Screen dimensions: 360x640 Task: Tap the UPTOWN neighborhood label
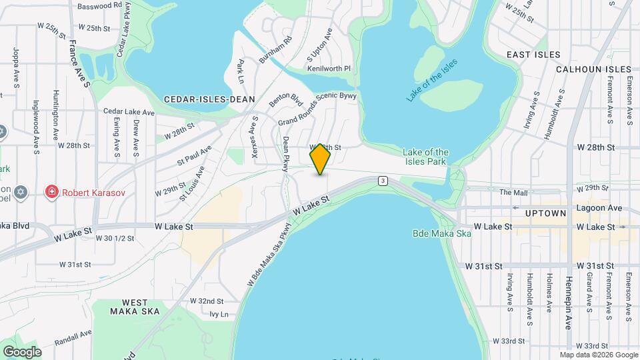tap(545, 213)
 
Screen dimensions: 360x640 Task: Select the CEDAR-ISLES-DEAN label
tap(209, 99)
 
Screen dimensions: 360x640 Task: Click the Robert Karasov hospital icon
tap(51, 193)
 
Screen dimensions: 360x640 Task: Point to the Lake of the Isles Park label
tap(426, 157)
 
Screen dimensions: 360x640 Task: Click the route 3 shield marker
tap(383, 181)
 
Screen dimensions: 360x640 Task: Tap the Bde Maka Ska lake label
tap(442, 233)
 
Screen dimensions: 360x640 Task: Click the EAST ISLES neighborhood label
tap(533, 54)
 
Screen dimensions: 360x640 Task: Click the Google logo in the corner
tap(22, 351)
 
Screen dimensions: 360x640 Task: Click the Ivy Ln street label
tap(219, 314)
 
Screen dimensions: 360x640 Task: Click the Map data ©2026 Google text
tap(599, 355)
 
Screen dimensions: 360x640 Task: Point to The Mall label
tap(513, 193)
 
